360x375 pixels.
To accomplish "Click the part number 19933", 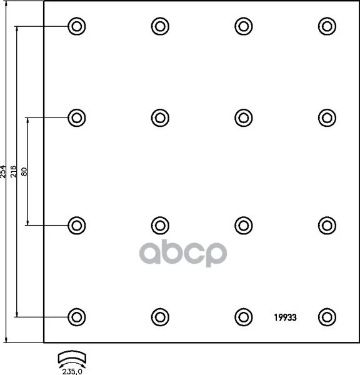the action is pyautogui.click(x=285, y=317).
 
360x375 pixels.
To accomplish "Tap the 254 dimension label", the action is pyautogui.click(x=3, y=171).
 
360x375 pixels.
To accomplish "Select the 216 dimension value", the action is pyautogui.click(x=13, y=171).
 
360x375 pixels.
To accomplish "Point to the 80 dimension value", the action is pyautogui.click(x=24, y=171).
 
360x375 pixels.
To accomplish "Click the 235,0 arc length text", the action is pyautogui.click(x=72, y=371).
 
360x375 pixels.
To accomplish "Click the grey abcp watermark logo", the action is pyautogui.click(x=183, y=253).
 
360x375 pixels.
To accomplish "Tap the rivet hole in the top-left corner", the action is pyautogui.click(x=76, y=26).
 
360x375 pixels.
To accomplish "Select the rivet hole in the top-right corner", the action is pyautogui.click(x=327, y=26).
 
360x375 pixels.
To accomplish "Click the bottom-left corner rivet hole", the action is pyautogui.click(x=76, y=317).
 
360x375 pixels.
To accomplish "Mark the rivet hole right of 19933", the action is pyautogui.click(x=327, y=317).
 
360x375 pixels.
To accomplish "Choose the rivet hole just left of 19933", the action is pyautogui.click(x=244, y=317).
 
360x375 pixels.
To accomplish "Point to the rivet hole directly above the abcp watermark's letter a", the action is pyautogui.click(x=160, y=226).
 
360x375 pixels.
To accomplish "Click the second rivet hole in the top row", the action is pyautogui.click(x=160, y=26).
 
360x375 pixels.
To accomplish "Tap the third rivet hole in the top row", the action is pyautogui.click(x=244, y=26).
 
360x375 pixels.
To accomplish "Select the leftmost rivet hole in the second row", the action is pyautogui.click(x=76, y=118).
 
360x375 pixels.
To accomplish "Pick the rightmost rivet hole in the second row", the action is pyautogui.click(x=327, y=118).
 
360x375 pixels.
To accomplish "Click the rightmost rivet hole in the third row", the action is pyautogui.click(x=327, y=226).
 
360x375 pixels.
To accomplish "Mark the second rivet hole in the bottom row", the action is pyautogui.click(x=160, y=317).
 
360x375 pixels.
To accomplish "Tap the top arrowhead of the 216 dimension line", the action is pyautogui.click(x=17, y=29).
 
